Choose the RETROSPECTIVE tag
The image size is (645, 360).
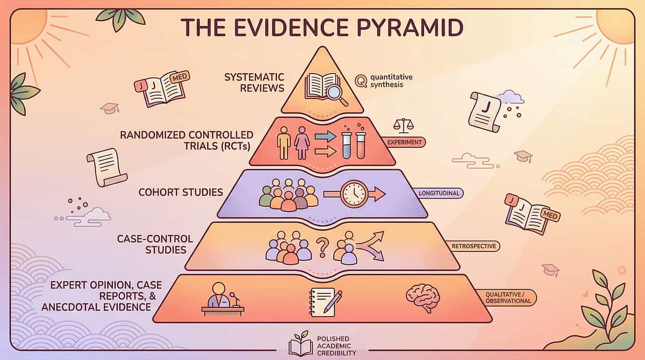point(474,246)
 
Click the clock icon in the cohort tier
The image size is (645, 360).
point(353,193)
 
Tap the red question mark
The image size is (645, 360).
point(322,248)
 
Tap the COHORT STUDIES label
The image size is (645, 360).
point(181,192)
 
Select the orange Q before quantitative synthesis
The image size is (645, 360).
point(361,81)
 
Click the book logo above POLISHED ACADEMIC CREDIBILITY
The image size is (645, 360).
point(300,344)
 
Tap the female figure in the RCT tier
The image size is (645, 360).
point(302,142)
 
